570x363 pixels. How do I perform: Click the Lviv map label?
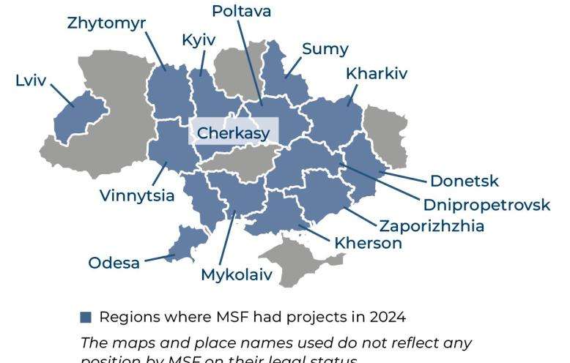30,80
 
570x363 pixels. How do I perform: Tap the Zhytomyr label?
106,23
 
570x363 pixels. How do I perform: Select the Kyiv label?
199,40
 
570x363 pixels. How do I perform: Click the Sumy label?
325,49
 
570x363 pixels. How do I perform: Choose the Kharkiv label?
376,74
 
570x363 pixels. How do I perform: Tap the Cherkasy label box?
234,133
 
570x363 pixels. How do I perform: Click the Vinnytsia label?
137,195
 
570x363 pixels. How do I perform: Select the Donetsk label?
464,181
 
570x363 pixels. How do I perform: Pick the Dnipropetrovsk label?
486,204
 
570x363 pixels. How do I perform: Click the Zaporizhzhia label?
431,226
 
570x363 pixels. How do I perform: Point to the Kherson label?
368,244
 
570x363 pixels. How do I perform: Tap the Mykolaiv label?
236,275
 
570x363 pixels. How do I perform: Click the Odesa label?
114,262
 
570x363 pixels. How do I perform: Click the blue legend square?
86,318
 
